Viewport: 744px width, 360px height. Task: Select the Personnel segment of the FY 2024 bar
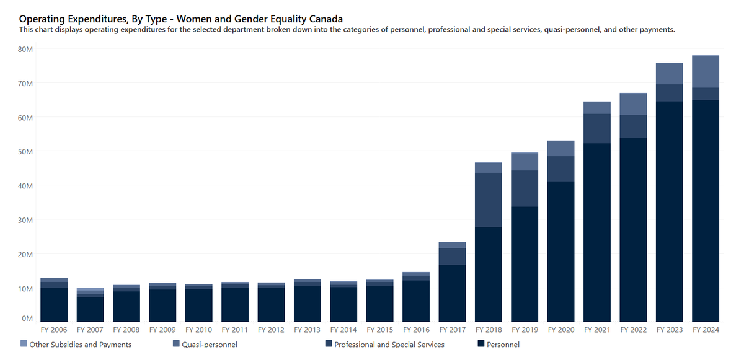[x=706, y=211]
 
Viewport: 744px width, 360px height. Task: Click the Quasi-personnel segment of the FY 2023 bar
[x=670, y=73]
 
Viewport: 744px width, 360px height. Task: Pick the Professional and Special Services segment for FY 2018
[x=489, y=200]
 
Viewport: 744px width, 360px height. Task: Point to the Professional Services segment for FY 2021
[x=597, y=128]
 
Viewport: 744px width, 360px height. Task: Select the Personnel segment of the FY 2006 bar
[x=54, y=304]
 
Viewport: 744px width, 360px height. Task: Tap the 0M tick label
[x=28, y=318]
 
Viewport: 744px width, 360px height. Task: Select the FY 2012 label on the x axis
[x=271, y=330]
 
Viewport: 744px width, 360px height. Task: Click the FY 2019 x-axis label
[x=525, y=330]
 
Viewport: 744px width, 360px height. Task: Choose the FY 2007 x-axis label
[x=90, y=330]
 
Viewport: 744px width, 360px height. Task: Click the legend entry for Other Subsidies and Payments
[x=80, y=344]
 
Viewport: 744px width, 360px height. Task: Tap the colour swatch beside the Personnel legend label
[x=480, y=344]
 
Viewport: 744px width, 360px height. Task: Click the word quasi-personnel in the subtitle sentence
[x=573, y=29]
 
